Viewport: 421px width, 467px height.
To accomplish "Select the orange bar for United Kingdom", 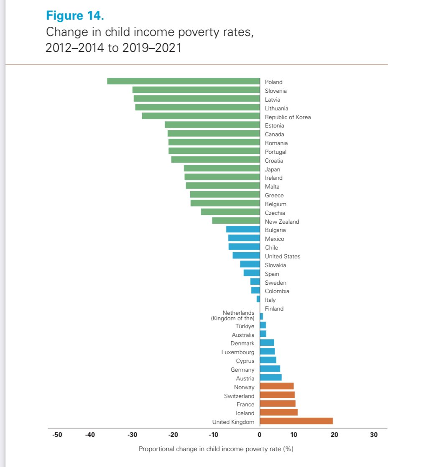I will pos(296,421).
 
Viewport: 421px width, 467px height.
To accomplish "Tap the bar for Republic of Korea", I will pos(201,116).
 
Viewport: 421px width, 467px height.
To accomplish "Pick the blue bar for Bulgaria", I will pos(243,230).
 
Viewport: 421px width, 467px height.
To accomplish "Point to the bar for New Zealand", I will pos(236,221).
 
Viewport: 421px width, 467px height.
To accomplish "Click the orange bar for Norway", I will pos(277,386).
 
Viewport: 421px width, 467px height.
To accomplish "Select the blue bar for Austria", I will pos(270,378).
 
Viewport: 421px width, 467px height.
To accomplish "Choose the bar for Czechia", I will pos(230,212).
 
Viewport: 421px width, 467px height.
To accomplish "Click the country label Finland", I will pos(274,309).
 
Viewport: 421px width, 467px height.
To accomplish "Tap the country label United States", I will pos(283,256).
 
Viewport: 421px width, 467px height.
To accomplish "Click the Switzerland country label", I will pos(239,396).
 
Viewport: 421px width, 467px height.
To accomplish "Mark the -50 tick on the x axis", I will pos(57,435).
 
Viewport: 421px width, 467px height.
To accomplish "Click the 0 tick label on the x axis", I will pos(260,435).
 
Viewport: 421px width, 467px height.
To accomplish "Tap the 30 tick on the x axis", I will pos(374,435).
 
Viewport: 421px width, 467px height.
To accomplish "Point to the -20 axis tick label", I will pos(173,435).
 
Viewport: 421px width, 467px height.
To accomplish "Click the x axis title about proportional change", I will pos(216,449).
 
